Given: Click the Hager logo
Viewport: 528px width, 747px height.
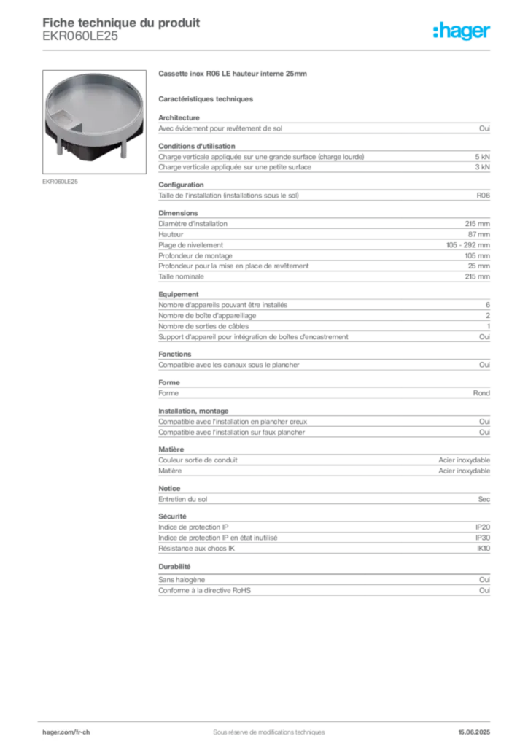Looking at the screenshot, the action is (462, 31).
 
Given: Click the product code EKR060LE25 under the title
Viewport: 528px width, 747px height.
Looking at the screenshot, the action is (80, 36).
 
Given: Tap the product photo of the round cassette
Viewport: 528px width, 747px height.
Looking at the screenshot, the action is (94, 122).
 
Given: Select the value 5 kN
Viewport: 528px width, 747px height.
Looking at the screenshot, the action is (482, 157).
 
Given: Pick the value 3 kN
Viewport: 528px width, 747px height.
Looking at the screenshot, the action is (482, 167).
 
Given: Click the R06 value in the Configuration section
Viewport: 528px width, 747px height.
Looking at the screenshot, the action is (484, 196).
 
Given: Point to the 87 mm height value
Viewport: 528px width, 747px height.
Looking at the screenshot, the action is (479, 234).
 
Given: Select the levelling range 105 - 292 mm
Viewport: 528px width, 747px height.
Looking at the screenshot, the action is (468, 245).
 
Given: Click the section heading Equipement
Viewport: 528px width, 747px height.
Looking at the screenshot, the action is (179, 295).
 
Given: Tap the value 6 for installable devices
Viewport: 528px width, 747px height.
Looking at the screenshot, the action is (488, 305).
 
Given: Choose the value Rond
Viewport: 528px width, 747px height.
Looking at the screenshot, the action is (481, 393).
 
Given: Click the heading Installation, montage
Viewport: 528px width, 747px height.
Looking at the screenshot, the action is (193, 411).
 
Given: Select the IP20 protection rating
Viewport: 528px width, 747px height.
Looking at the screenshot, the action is (483, 527).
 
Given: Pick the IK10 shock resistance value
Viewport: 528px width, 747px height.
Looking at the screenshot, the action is (484, 549).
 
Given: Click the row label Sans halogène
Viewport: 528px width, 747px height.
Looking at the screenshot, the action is (182, 580).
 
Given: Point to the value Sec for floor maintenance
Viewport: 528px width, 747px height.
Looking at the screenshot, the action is (484, 499).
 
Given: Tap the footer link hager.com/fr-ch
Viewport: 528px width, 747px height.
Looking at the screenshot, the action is (66, 732).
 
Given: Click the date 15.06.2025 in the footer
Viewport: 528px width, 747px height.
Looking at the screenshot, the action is (474, 732).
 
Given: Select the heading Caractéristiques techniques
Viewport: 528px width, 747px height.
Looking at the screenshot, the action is (206, 99).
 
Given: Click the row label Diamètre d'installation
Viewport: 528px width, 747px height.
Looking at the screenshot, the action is (193, 224).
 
